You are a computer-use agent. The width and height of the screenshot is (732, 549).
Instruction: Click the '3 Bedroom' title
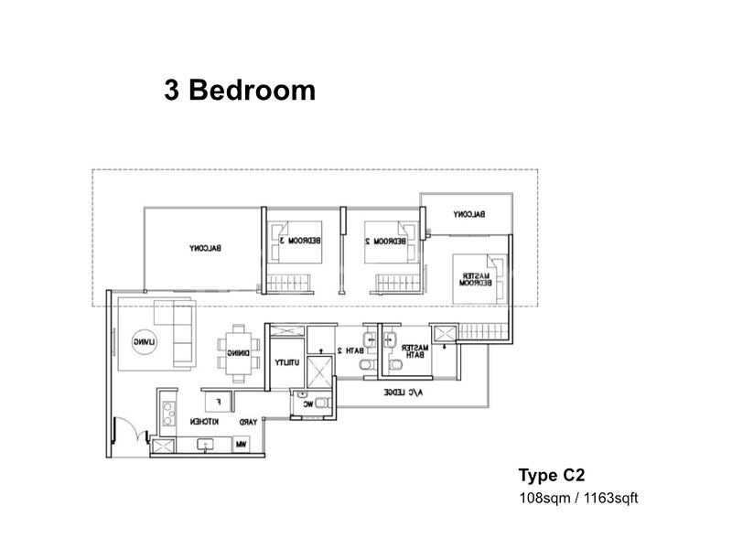pyautogui.click(x=240, y=91)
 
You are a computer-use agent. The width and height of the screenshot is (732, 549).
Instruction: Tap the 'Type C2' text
pyautogui.click(x=552, y=475)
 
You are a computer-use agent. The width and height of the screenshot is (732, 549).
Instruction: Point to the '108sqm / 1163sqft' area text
pyautogui.click(x=577, y=499)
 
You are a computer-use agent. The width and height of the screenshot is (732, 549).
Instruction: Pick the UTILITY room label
pyautogui.click(x=284, y=362)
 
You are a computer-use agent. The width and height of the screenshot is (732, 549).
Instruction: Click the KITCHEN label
pyautogui.click(x=203, y=423)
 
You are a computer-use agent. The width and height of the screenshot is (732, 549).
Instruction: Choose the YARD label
pyautogui.click(x=247, y=423)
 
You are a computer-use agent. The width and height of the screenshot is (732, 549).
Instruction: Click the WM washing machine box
pyautogui.click(x=242, y=445)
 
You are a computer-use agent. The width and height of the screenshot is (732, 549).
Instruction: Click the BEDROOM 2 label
pyautogui.click(x=384, y=241)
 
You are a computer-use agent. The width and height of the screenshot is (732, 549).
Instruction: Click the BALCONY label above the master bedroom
pyautogui.click(x=468, y=214)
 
